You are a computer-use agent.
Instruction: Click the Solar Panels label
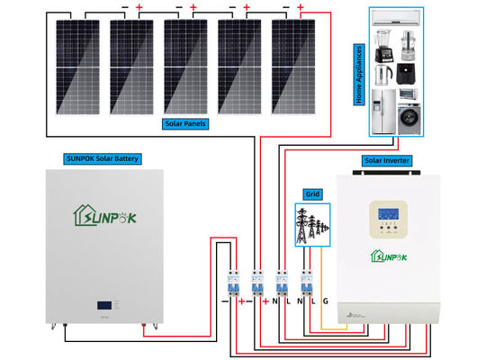[x=184, y=123]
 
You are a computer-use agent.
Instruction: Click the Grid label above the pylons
[x=312, y=193]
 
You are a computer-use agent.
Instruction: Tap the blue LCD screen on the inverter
[x=387, y=218]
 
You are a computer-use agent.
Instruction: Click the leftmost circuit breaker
[x=232, y=283]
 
